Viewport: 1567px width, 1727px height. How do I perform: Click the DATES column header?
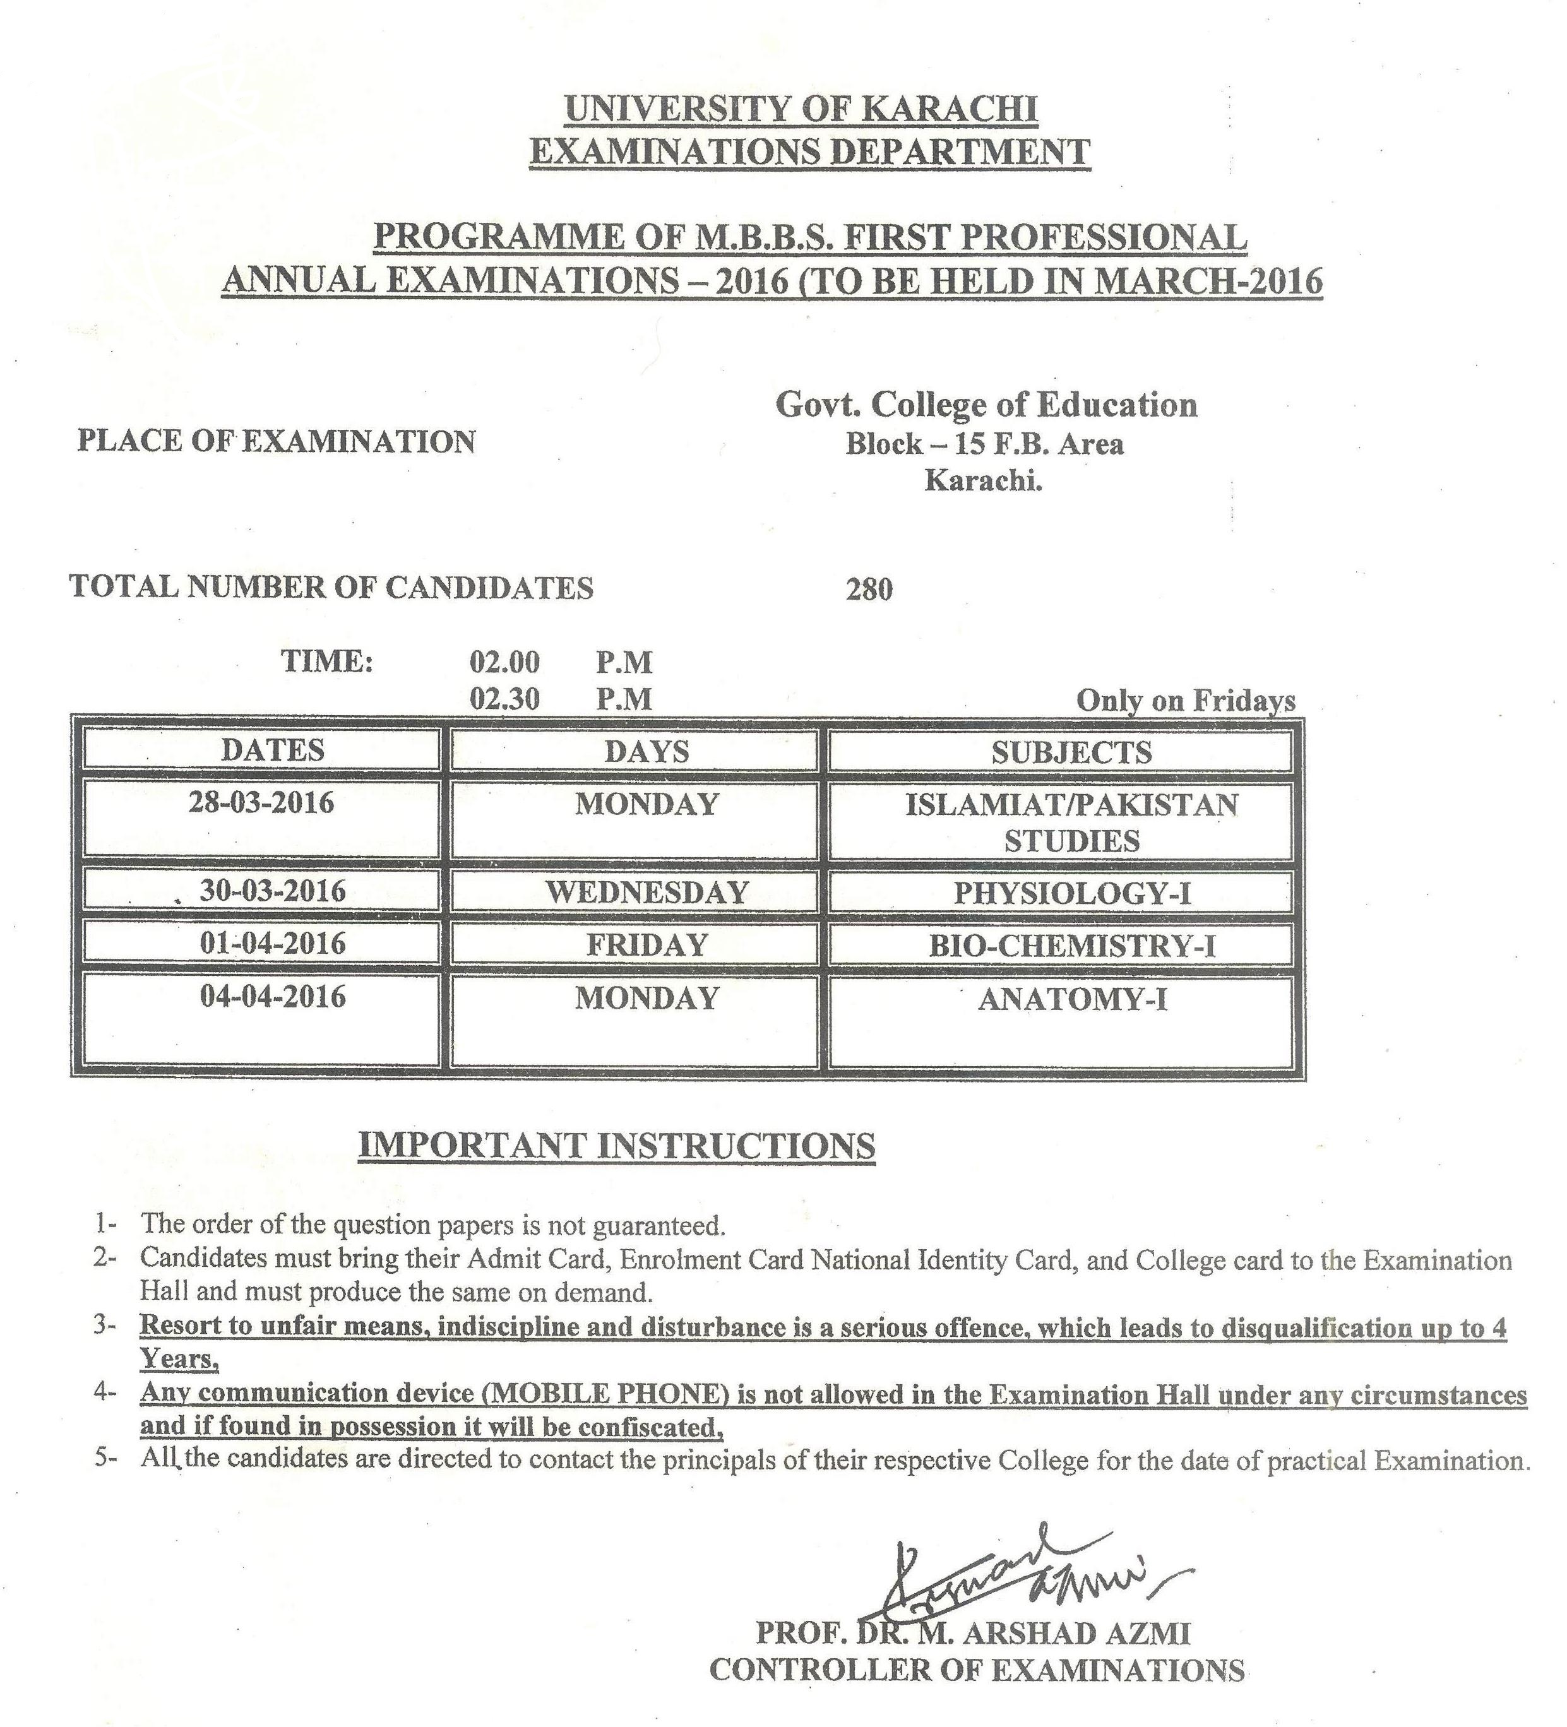click(x=273, y=751)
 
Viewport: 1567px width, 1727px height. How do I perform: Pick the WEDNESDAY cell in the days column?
click(x=647, y=893)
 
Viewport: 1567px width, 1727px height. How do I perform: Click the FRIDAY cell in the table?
click(x=647, y=945)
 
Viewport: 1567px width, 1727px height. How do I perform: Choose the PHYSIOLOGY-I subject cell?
click(x=1072, y=894)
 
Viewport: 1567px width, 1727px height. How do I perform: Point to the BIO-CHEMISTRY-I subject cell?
click(x=1072, y=946)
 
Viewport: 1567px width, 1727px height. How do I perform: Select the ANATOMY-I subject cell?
click(x=1072, y=999)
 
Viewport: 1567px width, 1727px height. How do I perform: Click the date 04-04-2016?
click(x=273, y=996)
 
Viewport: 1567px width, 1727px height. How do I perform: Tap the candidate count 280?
click(x=869, y=590)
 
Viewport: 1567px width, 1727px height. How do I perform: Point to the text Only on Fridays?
click(x=1185, y=701)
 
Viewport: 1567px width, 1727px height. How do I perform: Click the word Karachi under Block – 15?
click(x=983, y=482)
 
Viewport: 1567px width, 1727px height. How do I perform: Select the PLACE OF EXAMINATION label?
click(x=276, y=442)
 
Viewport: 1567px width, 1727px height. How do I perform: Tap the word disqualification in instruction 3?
click(x=1325, y=1329)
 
